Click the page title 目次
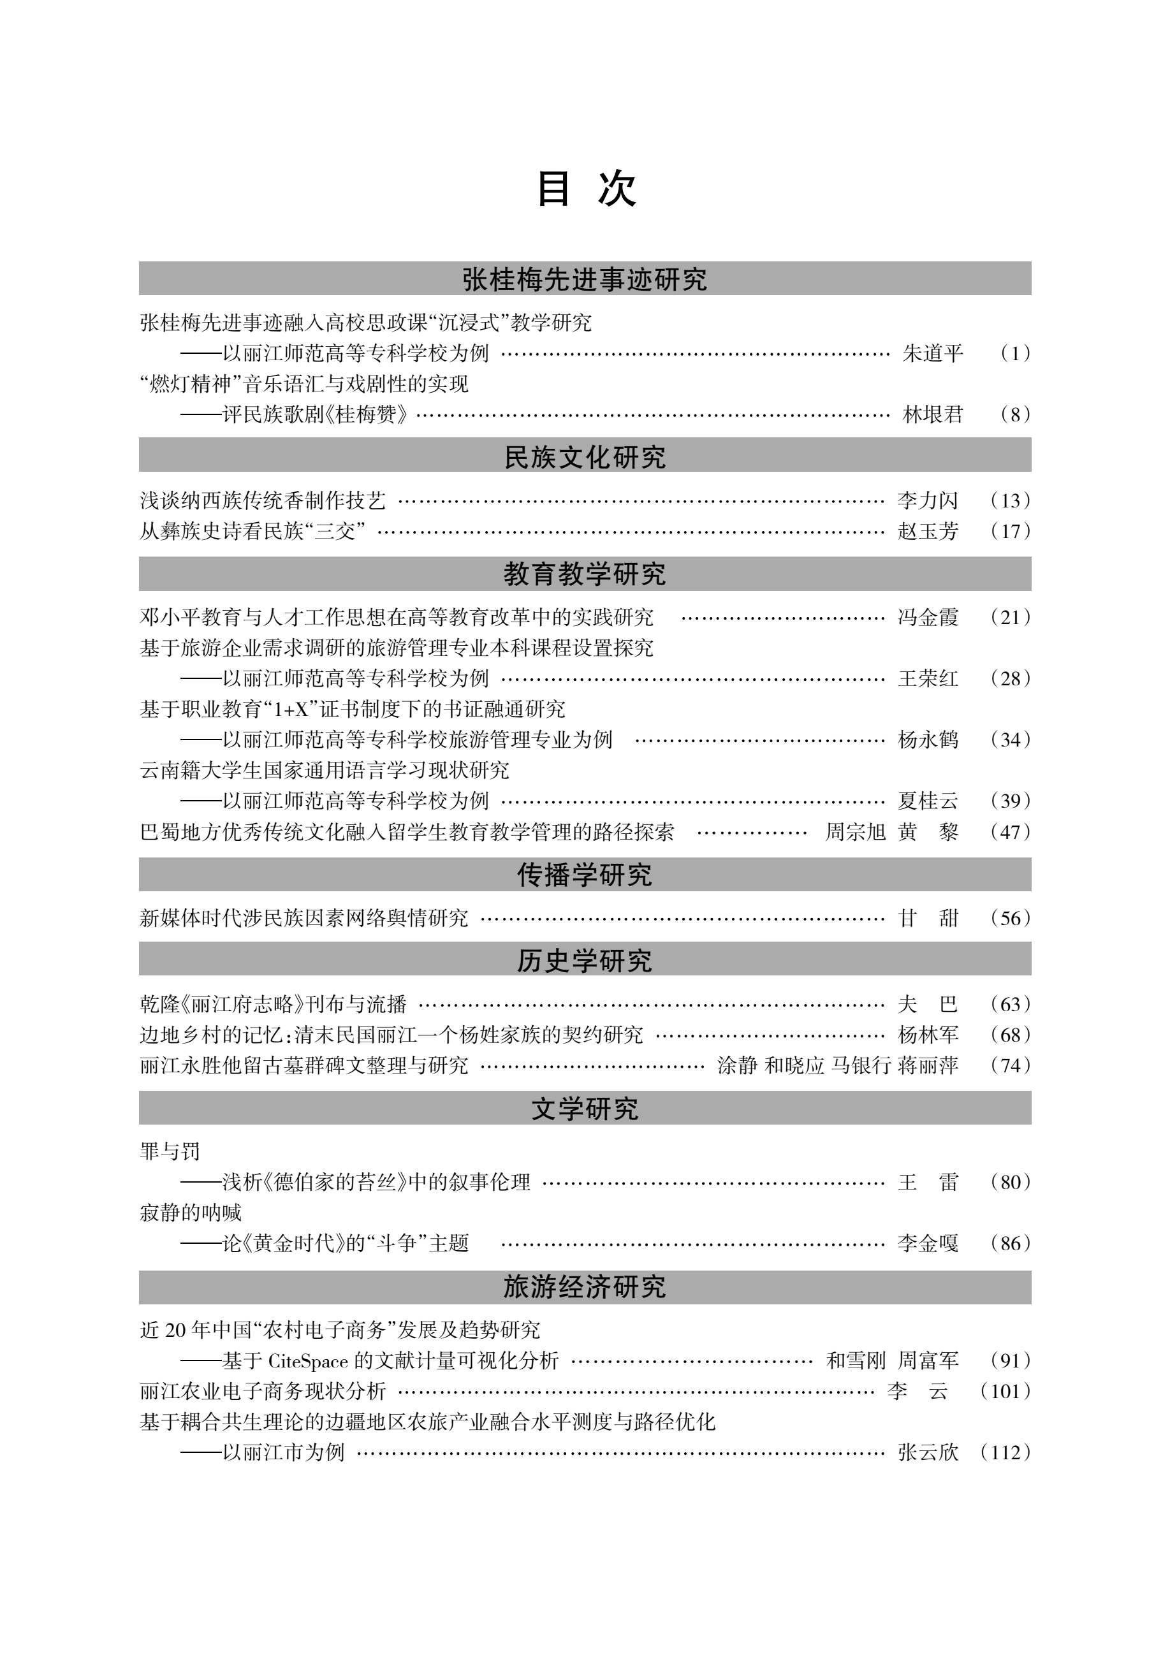585,189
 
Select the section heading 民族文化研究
585,457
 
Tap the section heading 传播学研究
585,874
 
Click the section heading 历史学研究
585,960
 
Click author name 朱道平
932,353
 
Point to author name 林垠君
932,414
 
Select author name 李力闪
928,500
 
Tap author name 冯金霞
928,617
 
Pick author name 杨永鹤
928,740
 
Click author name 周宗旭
855,832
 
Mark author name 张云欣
928,1452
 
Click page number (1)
1015,353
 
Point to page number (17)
1010,531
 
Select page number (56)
1010,917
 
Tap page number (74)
1010,1065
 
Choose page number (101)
1005,1390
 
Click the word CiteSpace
308,1360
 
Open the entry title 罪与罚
170,1151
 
